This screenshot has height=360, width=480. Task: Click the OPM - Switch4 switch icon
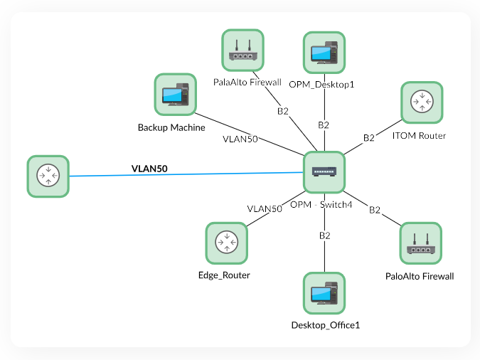324,172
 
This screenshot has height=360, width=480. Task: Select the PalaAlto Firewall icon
242,50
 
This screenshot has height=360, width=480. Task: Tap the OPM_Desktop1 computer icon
324,53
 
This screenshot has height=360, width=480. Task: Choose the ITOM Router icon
422,102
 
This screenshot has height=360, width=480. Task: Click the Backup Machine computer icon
175,95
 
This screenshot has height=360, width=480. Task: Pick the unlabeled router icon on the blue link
48,176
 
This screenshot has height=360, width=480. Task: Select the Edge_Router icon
226,243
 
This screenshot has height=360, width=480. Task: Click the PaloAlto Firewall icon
421,243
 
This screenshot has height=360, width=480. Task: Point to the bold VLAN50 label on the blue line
149,169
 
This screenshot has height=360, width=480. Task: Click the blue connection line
213,174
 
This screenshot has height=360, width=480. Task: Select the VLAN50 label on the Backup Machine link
240,139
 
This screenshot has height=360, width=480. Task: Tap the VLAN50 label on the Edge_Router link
265,208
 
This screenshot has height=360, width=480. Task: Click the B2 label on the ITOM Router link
369,137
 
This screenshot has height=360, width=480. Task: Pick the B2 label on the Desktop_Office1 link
325,235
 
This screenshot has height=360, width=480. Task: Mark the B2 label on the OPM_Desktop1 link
324,125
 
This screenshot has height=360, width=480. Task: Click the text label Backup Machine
171,128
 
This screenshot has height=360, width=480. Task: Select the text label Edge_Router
225,275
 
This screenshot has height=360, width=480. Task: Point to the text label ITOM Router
419,135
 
